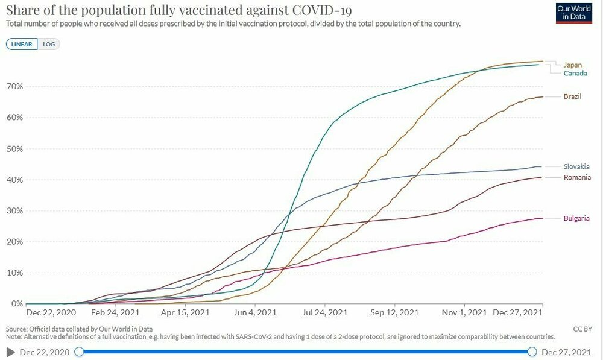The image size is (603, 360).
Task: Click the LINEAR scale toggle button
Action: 22,44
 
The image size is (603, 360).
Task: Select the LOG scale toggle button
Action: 49,44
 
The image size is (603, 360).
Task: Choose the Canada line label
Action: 575,73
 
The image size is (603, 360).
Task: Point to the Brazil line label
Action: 572,96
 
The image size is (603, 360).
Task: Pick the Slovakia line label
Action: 576,166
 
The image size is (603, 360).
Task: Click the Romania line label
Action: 577,177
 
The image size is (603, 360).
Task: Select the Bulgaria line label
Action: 576,218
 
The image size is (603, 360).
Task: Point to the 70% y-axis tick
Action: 14,86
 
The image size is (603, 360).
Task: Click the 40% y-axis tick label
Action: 14,180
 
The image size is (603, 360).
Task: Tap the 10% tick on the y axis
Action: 14,273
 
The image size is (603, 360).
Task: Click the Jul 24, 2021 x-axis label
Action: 324,313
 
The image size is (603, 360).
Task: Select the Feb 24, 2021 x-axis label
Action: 116,313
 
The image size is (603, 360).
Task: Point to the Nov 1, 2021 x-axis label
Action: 464,313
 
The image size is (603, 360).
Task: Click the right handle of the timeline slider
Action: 532,352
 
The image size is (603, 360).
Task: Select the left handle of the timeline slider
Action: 79,352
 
